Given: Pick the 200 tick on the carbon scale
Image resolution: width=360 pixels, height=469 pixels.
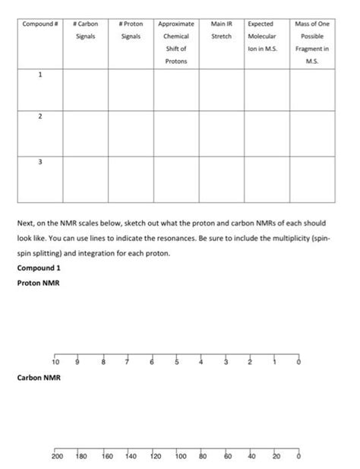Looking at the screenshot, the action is tap(55, 458).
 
